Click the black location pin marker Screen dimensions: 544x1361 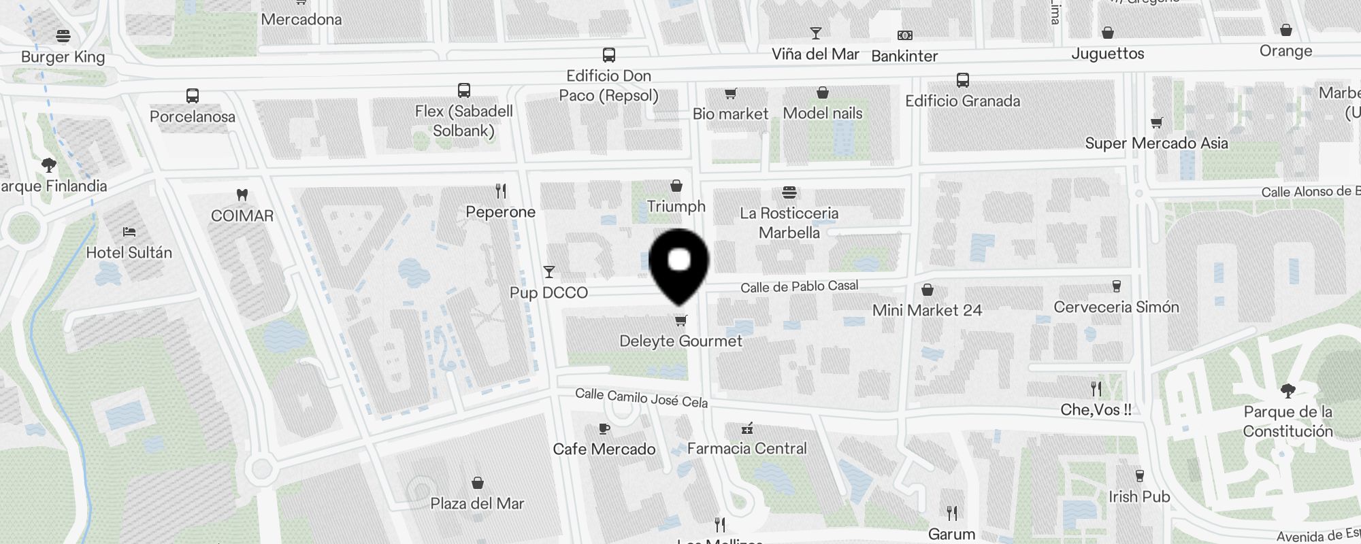point(678,265)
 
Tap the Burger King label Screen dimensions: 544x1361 point(63,57)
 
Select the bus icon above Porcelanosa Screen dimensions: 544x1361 point(193,96)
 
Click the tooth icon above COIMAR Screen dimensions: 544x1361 point(242,194)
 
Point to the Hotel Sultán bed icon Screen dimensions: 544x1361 point(129,232)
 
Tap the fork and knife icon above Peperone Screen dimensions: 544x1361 point(501,191)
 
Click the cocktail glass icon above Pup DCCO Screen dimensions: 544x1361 point(549,272)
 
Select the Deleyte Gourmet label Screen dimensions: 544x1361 point(680,341)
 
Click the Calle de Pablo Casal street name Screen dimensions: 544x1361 point(799,287)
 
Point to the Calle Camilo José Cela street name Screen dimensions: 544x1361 point(641,398)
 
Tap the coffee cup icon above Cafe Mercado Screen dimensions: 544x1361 point(604,429)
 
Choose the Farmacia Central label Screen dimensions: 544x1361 point(747,449)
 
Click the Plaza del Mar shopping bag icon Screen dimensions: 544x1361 point(478,483)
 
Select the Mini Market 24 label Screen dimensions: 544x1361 point(927,311)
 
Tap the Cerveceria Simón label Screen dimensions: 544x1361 point(1116,307)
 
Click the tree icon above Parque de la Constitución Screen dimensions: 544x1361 point(1288,390)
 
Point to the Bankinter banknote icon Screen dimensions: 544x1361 point(904,35)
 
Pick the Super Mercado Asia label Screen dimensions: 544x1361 point(1156,143)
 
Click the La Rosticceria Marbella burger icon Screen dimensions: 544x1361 point(789,192)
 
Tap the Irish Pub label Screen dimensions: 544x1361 point(1139,497)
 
